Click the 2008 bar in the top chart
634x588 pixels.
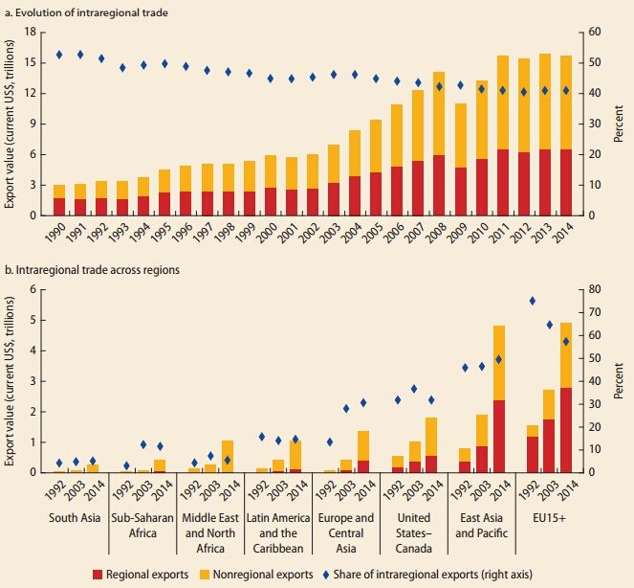pyautogui.click(x=439, y=144)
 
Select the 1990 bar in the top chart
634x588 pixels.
pyautogui.click(x=59, y=199)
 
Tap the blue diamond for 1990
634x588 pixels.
pyautogui.click(x=59, y=55)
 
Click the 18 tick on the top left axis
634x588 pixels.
pyautogui.click(x=31, y=32)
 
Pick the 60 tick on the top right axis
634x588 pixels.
pyautogui.click(x=593, y=32)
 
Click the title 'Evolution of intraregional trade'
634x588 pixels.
pyautogui.click(x=83, y=11)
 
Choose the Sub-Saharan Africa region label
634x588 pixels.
pyautogui.click(x=142, y=527)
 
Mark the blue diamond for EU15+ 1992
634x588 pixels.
pyautogui.click(x=532, y=302)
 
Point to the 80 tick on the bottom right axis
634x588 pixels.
pyautogui.click(x=593, y=289)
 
